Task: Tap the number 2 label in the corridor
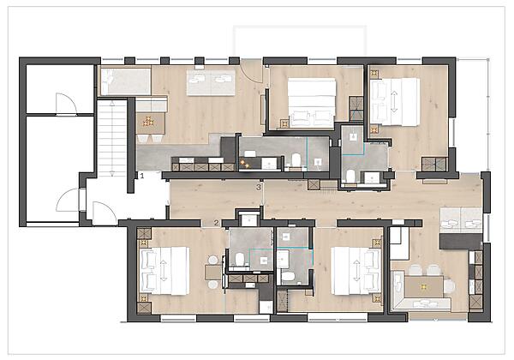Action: (217, 223)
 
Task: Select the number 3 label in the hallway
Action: (259, 186)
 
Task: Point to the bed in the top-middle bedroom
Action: (310, 102)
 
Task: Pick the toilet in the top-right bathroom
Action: (351, 176)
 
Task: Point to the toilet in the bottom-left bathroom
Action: (241, 258)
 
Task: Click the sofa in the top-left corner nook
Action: (125, 81)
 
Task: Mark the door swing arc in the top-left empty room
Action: (65, 104)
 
